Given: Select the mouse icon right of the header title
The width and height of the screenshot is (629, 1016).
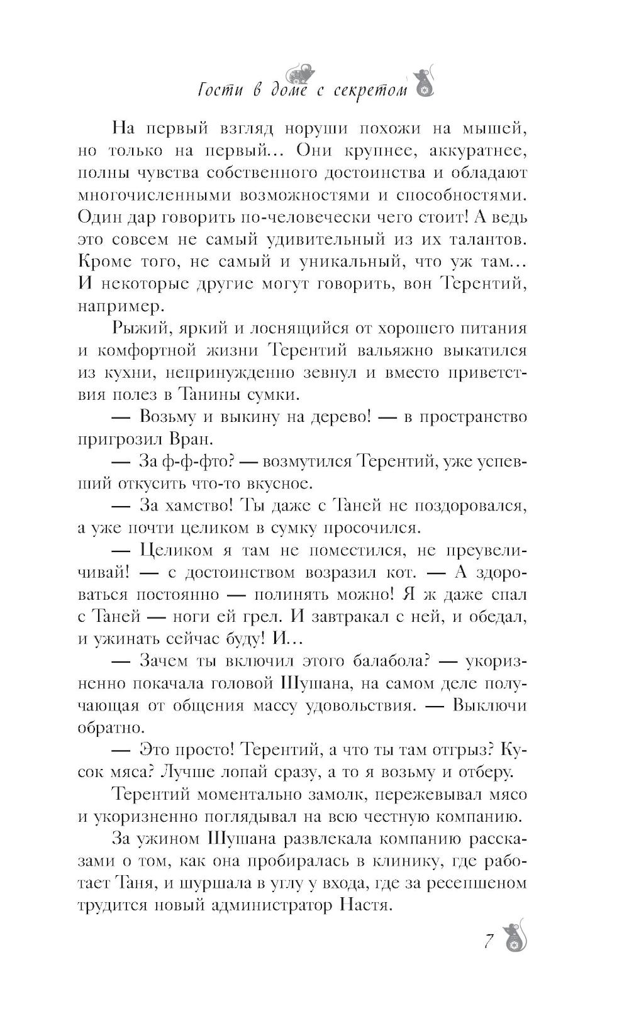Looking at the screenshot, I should coord(422,83).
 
